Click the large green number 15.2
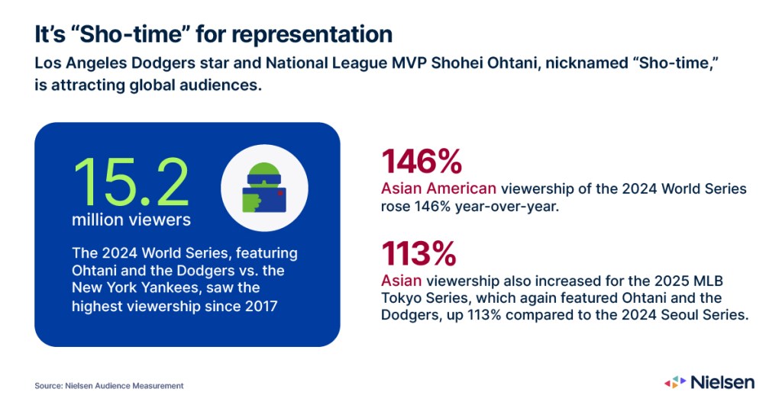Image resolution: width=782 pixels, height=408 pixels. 131,182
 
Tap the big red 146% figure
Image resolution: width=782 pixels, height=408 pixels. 422,161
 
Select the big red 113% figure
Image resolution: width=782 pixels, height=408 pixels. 419,253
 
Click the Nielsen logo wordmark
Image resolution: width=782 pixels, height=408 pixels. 722,382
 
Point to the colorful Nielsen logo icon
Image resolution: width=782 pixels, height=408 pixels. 675,382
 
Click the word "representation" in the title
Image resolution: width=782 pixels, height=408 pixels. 312,34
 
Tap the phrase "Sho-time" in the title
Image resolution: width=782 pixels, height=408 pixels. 131,34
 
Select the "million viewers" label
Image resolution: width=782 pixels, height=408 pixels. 131,220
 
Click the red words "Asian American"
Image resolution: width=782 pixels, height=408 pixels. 438,188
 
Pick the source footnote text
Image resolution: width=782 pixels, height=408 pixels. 108,386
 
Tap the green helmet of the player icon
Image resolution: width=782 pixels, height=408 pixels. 263,170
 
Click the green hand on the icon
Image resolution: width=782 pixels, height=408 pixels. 252,201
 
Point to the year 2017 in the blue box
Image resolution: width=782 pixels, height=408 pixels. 261,305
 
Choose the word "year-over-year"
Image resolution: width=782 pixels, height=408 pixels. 507,206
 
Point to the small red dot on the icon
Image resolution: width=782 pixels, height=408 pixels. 280,193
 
